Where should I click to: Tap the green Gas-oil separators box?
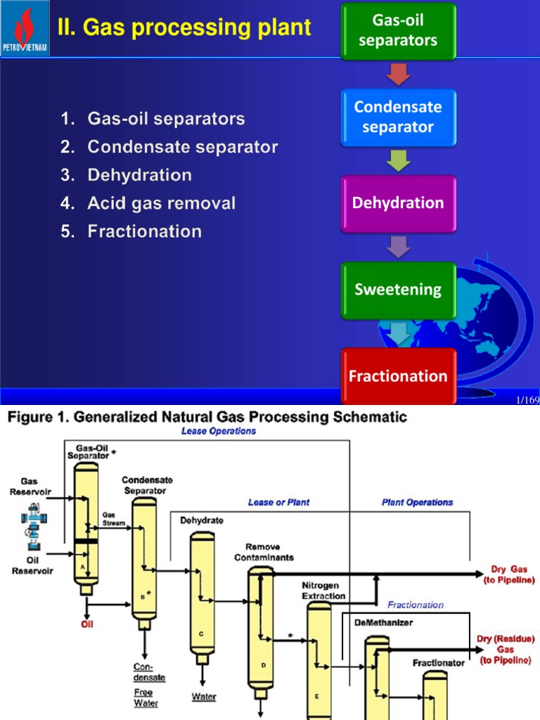pyautogui.click(x=398, y=32)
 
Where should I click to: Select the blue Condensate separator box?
pyautogui.click(x=398, y=117)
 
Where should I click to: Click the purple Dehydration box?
pyautogui.click(x=398, y=203)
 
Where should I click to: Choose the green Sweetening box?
pyautogui.click(x=398, y=289)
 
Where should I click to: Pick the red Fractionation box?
pyautogui.click(x=398, y=375)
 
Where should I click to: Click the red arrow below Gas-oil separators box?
pyautogui.click(x=398, y=74)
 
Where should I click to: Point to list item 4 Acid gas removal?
pyautogui.click(x=161, y=203)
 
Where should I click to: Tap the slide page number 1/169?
pyautogui.click(x=527, y=400)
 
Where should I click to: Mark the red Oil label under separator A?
pyautogui.click(x=86, y=623)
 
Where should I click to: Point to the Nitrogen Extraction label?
pyautogui.click(x=323, y=591)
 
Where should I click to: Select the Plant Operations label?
pyautogui.click(x=417, y=502)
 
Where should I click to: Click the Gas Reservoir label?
pyautogui.click(x=29, y=487)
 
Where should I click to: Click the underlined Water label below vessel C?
pyautogui.click(x=205, y=697)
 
